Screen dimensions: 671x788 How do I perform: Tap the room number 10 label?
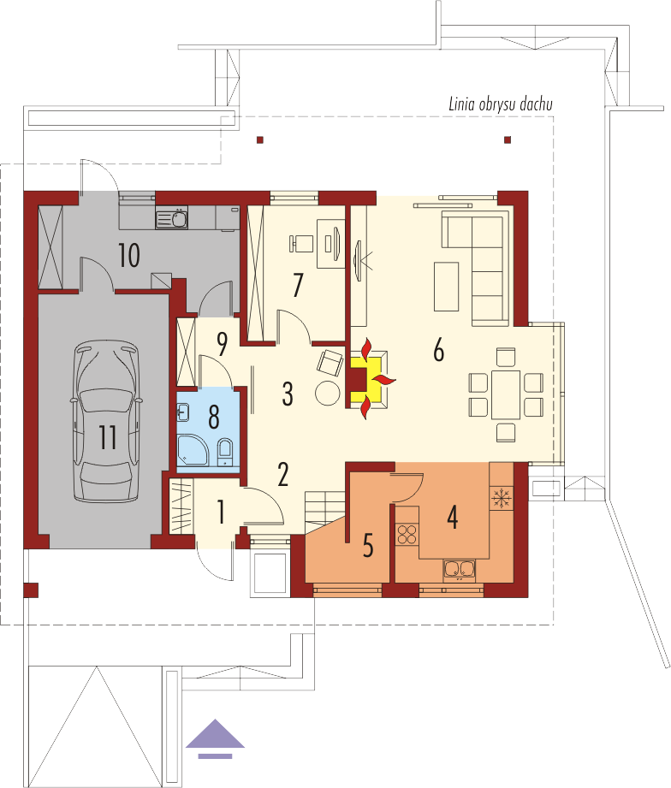(x=128, y=255)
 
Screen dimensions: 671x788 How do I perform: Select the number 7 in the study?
(x=298, y=285)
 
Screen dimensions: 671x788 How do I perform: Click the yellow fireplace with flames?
(x=371, y=378)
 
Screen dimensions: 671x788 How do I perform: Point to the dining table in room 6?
(x=506, y=394)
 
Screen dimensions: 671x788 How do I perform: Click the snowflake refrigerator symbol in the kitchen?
(x=502, y=497)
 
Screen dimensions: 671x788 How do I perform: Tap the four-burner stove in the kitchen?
(x=407, y=534)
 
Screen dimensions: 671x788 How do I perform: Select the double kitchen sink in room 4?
(x=459, y=569)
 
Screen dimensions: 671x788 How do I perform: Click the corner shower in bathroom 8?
(x=193, y=450)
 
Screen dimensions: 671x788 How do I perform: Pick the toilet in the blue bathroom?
(x=225, y=452)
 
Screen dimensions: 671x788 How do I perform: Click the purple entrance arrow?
(x=215, y=738)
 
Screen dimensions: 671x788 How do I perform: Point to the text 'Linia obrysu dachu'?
(x=501, y=104)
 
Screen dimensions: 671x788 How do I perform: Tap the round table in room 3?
(x=328, y=393)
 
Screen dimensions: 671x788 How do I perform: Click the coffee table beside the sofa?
(x=446, y=287)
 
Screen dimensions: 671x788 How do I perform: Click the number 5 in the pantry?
(x=368, y=545)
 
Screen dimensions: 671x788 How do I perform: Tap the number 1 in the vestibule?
(x=221, y=512)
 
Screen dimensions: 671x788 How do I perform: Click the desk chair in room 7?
(x=300, y=243)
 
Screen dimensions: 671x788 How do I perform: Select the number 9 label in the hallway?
(x=222, y=343)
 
